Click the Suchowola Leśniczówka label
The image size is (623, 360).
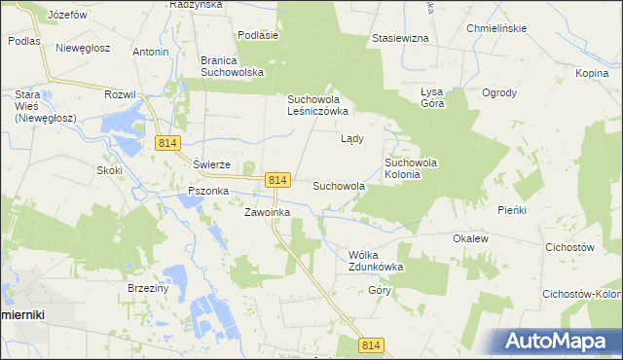[317, 105]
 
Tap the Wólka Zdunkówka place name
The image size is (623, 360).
[376, 260]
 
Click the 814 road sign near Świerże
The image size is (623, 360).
[166, 143]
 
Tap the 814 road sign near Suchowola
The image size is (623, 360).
[277, 180]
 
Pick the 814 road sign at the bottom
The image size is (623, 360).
[371, 345]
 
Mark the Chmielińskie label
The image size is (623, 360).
[496, 28]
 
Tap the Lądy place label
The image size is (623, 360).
[351, 138]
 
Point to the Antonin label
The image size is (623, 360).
[150, 52]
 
